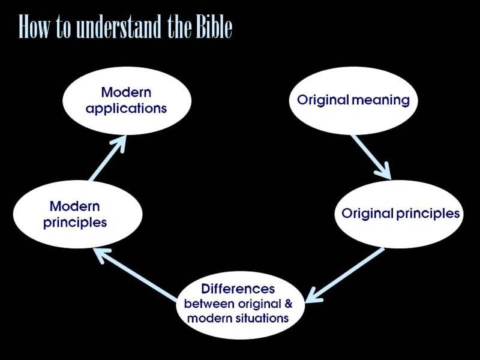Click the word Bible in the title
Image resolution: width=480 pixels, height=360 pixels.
coord(214,28)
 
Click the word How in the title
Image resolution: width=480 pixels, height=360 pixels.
coord(34,28)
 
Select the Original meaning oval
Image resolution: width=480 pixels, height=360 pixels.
coord(353,100)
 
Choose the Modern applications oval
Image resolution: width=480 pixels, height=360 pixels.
coord(126,100)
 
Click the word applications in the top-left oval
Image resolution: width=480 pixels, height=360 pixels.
coord(126,109)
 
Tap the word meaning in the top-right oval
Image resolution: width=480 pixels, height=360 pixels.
coord(381,100)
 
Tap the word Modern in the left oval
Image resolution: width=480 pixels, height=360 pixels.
coord(74,206)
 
